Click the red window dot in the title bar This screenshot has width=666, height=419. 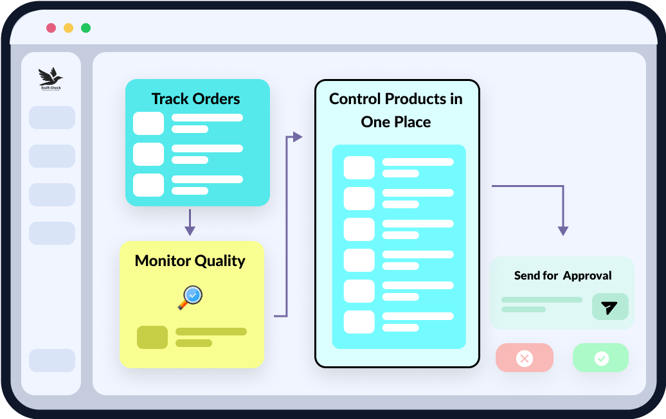tap(51, 28)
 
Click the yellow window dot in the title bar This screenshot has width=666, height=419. tap(68, 28)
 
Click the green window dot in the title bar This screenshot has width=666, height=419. tap(85, 28)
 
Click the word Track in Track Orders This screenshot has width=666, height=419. tap(170, 99)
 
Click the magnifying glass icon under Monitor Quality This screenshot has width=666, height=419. tap(190, 297)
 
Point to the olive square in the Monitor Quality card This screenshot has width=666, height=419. tap(152, 337)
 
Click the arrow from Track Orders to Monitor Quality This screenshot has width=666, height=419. tap(190, 222)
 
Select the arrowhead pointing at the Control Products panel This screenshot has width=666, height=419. tap(297, 136)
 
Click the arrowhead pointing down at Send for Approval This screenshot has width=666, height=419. tap(563, 230)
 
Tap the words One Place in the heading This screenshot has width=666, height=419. tap(396, 122)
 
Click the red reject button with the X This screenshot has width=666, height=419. tap(525, 358)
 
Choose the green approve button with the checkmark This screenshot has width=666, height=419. tap(601, 358)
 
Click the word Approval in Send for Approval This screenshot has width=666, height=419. tap(587, 276)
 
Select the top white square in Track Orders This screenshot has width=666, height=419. tap(148, 123)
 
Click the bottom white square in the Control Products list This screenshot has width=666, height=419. tap(359, 322)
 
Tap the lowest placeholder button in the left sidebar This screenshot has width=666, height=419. tap(52, 361)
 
